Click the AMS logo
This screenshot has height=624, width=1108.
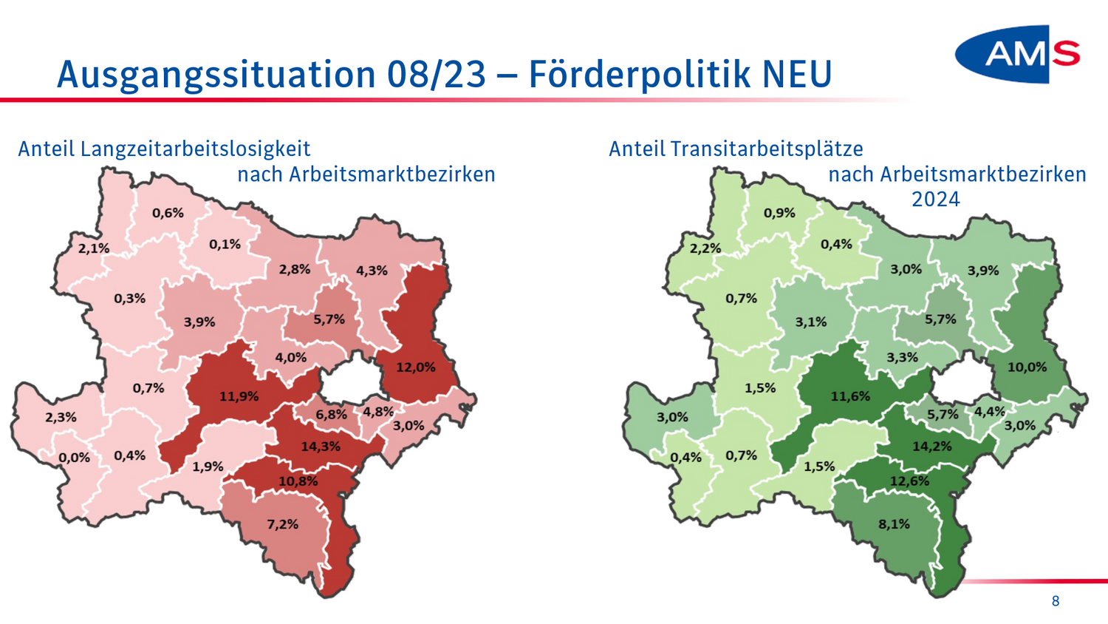click(1018, 54)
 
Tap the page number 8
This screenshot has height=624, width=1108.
click(1056, 601)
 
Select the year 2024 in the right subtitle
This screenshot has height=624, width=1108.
click(935, 200)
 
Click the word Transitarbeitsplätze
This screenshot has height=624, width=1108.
click(767, 149)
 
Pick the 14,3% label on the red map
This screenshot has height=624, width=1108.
click(321, 447)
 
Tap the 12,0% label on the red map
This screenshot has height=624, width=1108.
click(416, 367)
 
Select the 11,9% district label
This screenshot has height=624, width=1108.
click(239, 396)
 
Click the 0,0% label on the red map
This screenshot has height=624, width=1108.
click(75, 458)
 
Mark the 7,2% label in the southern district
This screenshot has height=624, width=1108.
click(283, 524)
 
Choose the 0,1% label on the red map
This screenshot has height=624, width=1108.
click(225, 244)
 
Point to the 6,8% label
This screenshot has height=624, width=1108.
click(331, 415)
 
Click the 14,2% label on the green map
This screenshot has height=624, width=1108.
click(932, 447)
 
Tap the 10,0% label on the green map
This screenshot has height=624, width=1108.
click(1027, 367)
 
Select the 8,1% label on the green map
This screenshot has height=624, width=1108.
click(895, 524)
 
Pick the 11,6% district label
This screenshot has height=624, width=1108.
click(850, 396)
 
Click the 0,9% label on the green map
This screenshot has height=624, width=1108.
click(779, 213)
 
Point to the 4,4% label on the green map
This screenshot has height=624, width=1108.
click(989, 412)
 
